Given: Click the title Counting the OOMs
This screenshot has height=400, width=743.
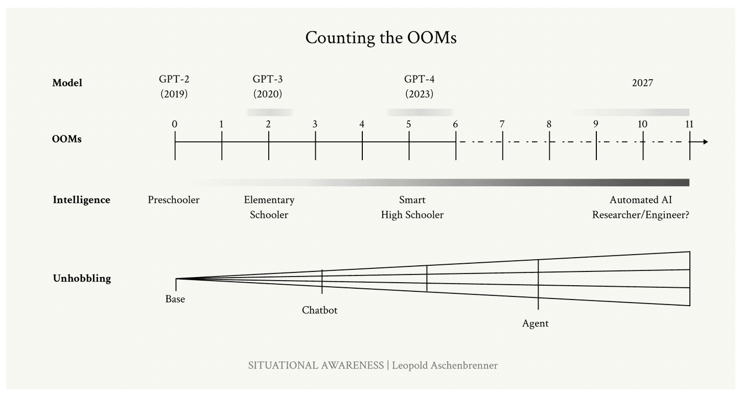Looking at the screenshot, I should tap(381, 38).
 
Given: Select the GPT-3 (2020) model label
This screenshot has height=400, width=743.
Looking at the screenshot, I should tap(267, 87).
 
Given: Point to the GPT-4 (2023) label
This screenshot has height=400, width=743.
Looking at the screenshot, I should tap(419, 87).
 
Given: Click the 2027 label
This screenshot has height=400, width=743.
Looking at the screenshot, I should tap(642, 83).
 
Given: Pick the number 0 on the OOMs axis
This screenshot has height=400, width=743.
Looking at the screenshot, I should tap(175, 124).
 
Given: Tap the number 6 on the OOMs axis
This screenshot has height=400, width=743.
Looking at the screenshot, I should tap(455, 124).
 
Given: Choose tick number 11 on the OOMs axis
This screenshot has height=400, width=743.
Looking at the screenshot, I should tap(689, 124).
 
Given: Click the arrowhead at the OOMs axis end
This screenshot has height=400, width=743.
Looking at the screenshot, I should tap(706, 141).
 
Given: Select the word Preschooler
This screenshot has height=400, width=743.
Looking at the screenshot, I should tap(174, 200).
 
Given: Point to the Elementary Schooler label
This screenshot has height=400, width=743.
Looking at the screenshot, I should tap(269, 207).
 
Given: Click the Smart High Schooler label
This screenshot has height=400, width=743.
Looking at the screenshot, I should tap(412, 207).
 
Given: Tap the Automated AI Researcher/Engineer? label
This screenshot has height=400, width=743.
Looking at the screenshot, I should tap(641, 207).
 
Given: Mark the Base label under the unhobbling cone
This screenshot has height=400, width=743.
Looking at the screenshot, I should tap(175, 299).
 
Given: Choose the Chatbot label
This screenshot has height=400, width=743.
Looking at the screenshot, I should tap(320, 310).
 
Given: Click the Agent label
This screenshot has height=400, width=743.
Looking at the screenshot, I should tap(536, 323).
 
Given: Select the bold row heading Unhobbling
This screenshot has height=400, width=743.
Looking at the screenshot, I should tap(82, 279).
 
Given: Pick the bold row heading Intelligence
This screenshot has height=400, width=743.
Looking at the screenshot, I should tap(81, 200).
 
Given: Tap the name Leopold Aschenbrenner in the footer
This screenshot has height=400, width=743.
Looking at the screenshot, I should tap(445, 365).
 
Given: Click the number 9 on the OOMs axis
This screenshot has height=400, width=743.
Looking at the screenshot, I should tap(596, 124).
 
